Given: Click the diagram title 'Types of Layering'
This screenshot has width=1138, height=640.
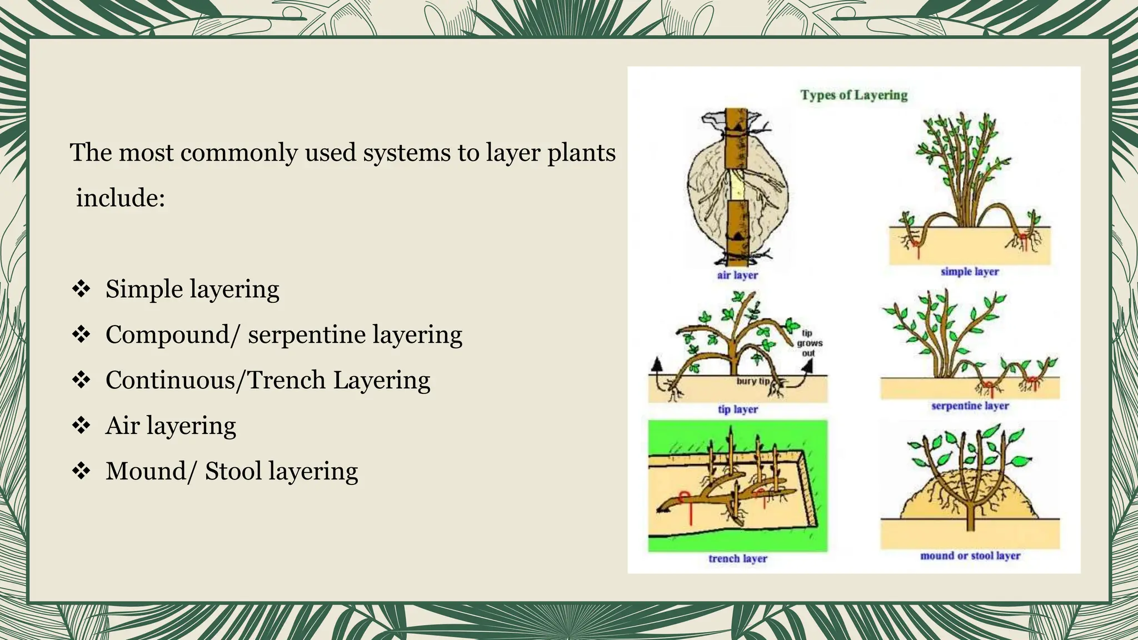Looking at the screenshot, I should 853,95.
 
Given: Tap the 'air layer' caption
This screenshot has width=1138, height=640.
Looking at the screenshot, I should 737,275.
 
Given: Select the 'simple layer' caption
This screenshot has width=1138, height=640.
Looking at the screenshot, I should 970,272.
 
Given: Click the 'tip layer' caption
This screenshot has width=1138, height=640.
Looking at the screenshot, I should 737,409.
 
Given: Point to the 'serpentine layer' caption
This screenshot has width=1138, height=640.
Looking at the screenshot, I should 970,406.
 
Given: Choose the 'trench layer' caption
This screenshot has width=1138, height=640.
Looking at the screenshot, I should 737,559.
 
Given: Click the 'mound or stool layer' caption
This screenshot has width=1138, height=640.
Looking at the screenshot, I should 970,556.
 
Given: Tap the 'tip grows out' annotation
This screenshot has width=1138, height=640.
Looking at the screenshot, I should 808,343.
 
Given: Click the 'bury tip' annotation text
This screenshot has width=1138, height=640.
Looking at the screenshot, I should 753,381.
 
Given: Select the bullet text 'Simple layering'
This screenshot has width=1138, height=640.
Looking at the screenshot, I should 192,289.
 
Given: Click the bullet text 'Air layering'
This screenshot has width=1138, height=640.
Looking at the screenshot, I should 171,426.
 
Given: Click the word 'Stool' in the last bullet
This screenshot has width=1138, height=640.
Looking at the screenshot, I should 233,472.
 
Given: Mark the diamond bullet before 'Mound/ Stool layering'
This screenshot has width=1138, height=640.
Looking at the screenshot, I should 81,472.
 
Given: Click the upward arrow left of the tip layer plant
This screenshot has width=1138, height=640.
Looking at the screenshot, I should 657,365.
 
